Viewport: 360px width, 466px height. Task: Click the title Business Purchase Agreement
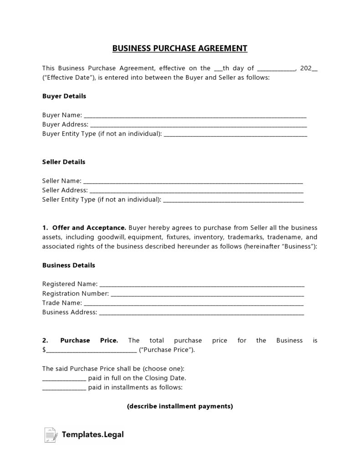click(x=180, y=48)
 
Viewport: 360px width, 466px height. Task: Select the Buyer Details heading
click(x=64, y=96)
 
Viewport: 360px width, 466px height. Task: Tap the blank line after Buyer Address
click(x=198, y=125)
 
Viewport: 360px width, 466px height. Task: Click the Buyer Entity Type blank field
click(x=235, y=135)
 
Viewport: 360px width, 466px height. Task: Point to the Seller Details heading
click(x=63, y=162)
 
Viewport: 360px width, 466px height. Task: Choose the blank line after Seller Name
click(x=193, y=181)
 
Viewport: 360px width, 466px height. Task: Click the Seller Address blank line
click(x=196, y=191)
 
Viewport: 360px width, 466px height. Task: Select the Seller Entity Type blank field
click(x=233, y=200)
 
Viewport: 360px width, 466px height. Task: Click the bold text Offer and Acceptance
click(x=89, y=228)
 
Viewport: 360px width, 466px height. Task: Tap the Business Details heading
click(x=68, y=265)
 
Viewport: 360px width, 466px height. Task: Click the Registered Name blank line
click(x=202, y=285)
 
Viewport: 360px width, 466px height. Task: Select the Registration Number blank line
click(x=207, y=294)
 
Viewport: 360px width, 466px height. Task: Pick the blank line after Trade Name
click(x=194, y=303)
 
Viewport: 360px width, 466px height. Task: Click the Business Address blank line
click(x=201, y=313)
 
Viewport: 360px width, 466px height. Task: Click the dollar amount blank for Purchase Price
click(x=91, y=351)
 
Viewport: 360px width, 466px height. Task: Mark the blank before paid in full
click(x=64, y=378)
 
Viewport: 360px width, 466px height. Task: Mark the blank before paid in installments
click(x=64, y=388)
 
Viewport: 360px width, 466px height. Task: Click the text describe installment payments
click(x=180, y=406)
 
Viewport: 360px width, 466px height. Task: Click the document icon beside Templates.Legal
click(x=51, y=435)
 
